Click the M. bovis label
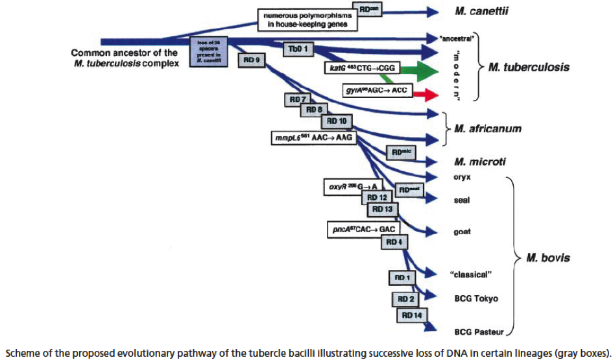point(548,258)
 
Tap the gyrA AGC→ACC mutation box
point(377,90)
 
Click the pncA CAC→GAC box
point(364,229)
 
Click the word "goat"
point(462,232)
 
